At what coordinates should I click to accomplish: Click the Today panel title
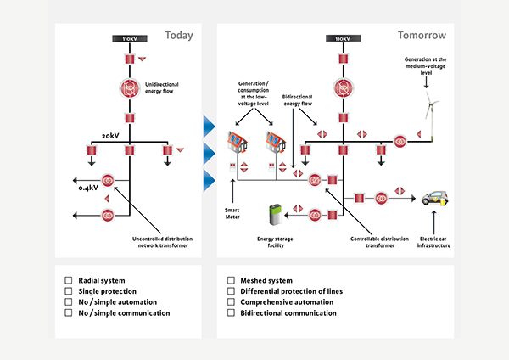(180, 36)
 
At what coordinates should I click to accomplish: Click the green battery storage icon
(277, 215)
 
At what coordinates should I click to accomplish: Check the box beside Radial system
(69, 280)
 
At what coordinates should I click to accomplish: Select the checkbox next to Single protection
(69, 291)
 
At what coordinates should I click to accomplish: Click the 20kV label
(111, 135)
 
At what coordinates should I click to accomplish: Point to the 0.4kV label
(89, 188)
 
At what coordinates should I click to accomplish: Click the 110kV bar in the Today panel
(130, 39)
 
